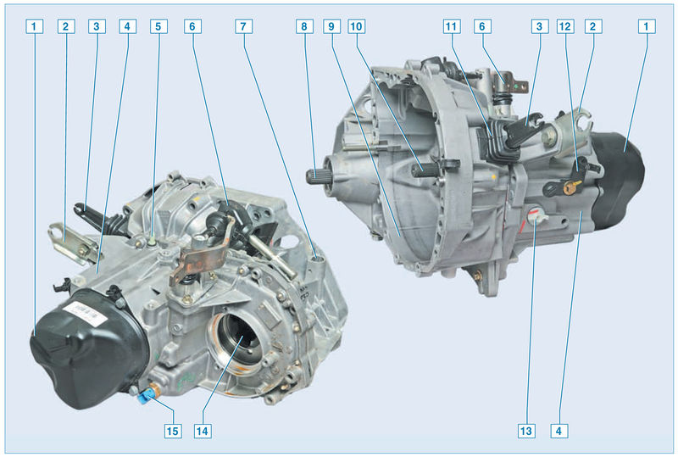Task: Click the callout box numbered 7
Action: [x=243, y=26]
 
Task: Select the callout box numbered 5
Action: [x=158, y=26]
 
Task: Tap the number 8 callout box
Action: [x=304, y=26]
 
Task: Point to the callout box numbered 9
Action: [x=331, y=26]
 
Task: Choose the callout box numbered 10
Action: [x=356, y=26]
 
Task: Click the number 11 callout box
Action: [x=452, y=26]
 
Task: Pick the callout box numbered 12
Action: [x=565, y=26]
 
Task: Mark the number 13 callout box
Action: [x=526, y=431]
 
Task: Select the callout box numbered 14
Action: [x=203, y=431]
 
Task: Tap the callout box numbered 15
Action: [x=173, y=431]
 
